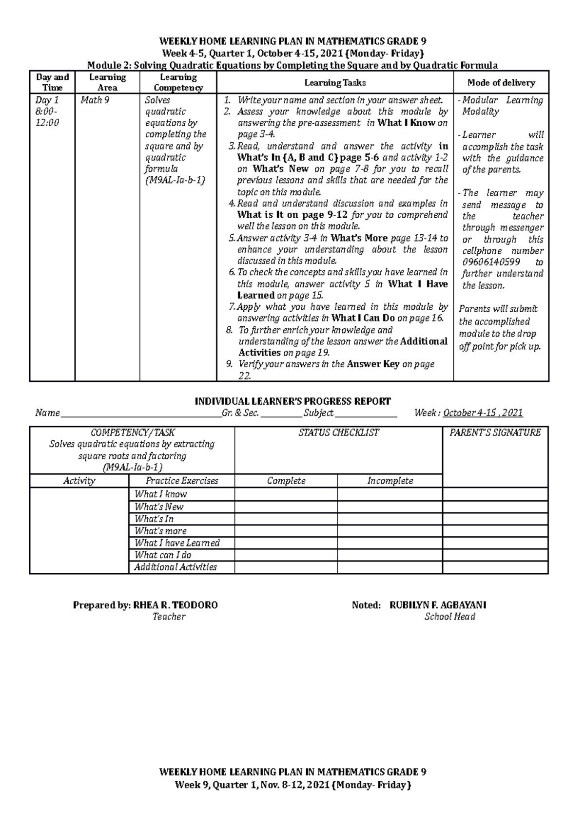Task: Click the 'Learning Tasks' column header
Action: tap(335, 83)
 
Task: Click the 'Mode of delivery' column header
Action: tap(501, 83)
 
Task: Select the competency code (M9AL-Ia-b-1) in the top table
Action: tap(175, 180)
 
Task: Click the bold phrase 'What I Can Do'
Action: tap(363, 319)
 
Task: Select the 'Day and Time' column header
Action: tap(52, 82)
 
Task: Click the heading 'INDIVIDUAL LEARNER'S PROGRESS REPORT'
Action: tap(292, 401)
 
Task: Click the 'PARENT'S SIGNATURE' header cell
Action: tap(495, 432)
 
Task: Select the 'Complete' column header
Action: tap(286, 481)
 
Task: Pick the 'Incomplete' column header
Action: tap(390, 481)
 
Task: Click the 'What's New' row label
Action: tap(159, 507)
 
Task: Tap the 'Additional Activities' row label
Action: tap(175, 567)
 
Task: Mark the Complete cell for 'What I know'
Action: tap(286, 494)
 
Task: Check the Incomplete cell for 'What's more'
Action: tap(390, 531)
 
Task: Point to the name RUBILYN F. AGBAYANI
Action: tap(438, 605)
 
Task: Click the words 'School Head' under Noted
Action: tap(449, 617)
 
